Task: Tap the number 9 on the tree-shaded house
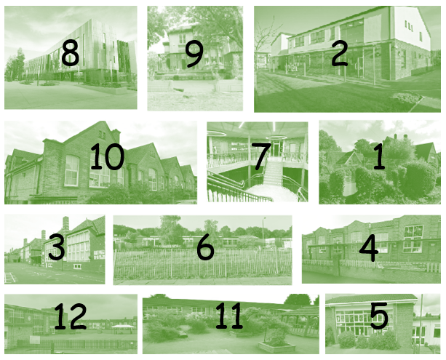pyautogui.click(x=194, y=54)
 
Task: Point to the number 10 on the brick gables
pyautogui.click(x=107, y=156)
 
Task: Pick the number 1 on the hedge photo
pyautogui.click(x=379, y=156)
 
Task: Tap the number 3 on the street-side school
pyautogui.click(x=56, y=247)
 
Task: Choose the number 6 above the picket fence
pyautogui.click(x=205, y=247)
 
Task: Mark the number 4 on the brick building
pyautogui.click(x=369, y=248)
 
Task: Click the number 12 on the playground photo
pyautogui.click(x=70, y=316)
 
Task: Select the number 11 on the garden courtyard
pyautogui.click(x=229, y=316)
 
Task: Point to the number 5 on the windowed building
pyautogui.click(x=379, y=316)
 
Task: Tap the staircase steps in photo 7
pyautogui.click(x=273, y=173)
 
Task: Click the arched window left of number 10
pyautogui.click(x=72, y=170)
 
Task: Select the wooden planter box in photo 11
pyautogui.click(x=276, y=347)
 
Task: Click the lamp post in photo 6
pyautogui.click(x=263, y=231)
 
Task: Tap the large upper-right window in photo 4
pyautogui.click(x=413, y=239)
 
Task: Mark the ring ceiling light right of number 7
pyautogui.click(x=276, y=137)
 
